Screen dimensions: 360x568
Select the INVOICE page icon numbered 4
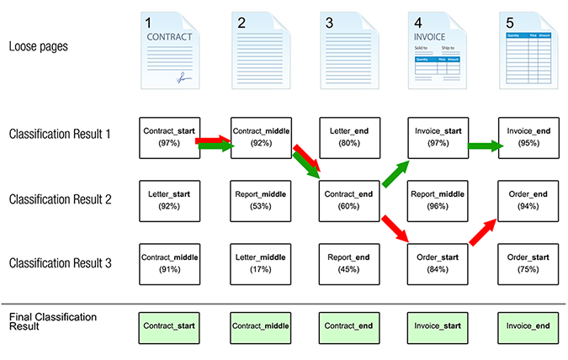pos(438,50)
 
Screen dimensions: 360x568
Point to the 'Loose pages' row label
pos(39,47)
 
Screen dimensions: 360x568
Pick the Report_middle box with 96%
pos(437,200)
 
